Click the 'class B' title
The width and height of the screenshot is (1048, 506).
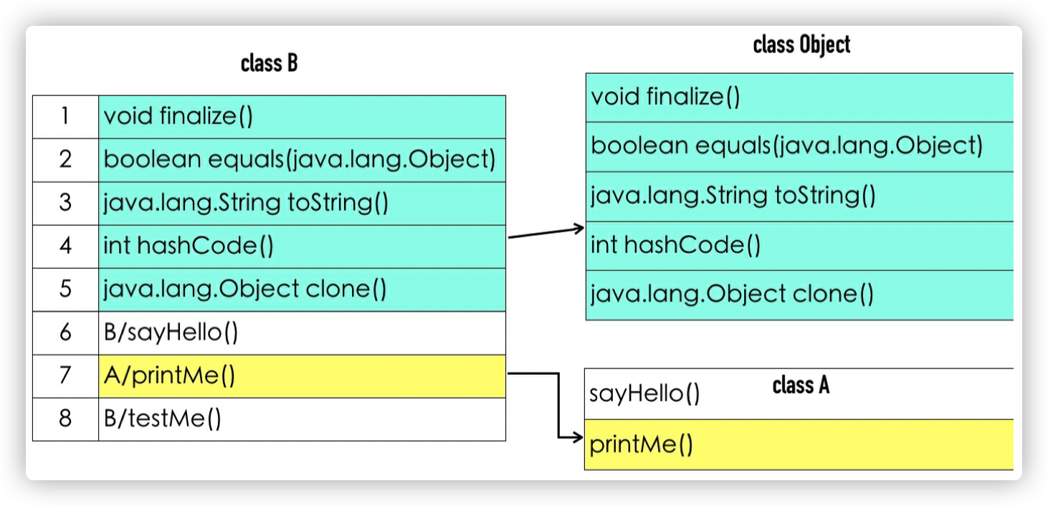[269, 64]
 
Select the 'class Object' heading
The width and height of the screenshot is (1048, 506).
[801, 45]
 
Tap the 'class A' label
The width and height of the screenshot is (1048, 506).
[801, 386]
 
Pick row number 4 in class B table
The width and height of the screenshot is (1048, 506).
[65, 247]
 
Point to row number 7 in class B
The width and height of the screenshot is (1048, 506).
[65, 376]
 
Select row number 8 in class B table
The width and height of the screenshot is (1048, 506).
[65, 419]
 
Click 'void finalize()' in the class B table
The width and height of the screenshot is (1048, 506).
[178, 116]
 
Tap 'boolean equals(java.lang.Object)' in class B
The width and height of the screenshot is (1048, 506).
[300, 160]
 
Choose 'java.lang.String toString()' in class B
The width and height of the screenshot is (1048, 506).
[246, 203]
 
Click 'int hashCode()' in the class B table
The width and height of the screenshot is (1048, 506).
[189, 247]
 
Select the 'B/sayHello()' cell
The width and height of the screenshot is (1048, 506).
[171, 333]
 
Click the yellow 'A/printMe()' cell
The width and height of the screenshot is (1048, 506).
[169, 376]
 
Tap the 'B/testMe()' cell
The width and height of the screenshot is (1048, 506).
[163, 419]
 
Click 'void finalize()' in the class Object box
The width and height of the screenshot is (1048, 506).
[665, 97]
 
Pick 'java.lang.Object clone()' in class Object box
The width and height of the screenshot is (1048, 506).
[732, 295]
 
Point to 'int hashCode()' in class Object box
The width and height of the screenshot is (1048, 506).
[675, 245]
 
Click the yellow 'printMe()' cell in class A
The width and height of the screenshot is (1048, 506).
[641, 445]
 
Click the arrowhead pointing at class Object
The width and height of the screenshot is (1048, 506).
[580, 229]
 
